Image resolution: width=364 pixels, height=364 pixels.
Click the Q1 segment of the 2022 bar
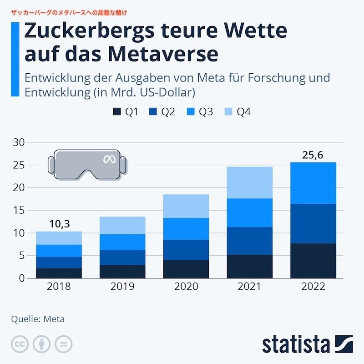click(x=313, y=261)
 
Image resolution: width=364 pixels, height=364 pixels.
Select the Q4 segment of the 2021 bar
click(x=249, y=182)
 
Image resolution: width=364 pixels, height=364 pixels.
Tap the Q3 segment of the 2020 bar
click(x=186, y=229)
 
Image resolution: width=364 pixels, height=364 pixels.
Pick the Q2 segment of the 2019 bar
click(x=122, y=258)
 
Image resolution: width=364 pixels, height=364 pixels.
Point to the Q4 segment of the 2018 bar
click(x=59, y=238)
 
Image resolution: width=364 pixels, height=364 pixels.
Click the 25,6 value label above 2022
click(x=313, y=155)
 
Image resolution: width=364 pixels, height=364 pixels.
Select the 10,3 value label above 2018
click(x=59, y=224)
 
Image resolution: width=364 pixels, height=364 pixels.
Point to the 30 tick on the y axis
click(x=18, y=142)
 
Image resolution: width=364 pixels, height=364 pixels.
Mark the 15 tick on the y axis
click(x=18, y=210)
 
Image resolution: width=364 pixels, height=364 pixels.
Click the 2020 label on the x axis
click(x=186, y=287)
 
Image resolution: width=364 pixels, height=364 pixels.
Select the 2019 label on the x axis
click(x=122, y=287)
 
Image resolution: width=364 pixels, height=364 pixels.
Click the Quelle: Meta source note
click(x=38, y=319)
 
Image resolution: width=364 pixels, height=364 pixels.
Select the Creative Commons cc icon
click(x=20, y=344)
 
